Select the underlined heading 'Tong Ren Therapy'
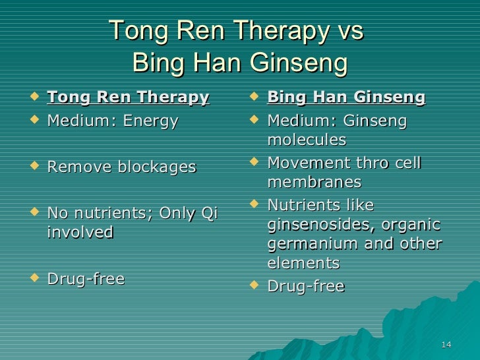[x=128, y=98]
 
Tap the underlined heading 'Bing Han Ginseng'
[x=346, y=98]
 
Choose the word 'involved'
[x=80, y=232]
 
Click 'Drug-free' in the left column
[x=86, y=279]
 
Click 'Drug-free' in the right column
[x=305, y=287]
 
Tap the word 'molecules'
[x=307, y=140]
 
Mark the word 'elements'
[x=303, y=264]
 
